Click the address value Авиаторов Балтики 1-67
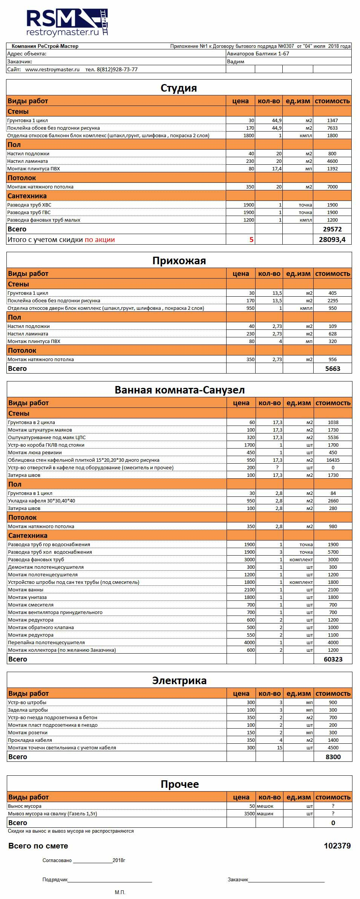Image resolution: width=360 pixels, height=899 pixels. pyautogui.click(x=258, y=54)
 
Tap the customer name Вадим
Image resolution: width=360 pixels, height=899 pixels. pyautogui.click(x=236, y=61)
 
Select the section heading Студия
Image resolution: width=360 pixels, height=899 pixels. pyautogui.click(x=179, y=88)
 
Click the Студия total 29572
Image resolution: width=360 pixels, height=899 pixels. pyautogui.click(x=332, y=229)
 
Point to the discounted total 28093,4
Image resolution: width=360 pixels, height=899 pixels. pyautogui.click(x=332, y=239)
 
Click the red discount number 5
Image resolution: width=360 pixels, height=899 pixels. pyautogui.click(x=251, y=239)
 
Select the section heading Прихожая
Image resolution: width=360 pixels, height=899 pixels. pyautogui.click(x=179, y=260)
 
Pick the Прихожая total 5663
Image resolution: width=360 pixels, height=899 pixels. pyautogui.click(x=332, y=369)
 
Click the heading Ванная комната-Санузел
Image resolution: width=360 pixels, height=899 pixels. pyautogui.click(x=179, y=390)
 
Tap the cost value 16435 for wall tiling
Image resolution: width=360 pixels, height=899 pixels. pyautogui.click(x=333, y=460)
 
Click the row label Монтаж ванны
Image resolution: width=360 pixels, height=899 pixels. pyautogui.click(x=26, y=590)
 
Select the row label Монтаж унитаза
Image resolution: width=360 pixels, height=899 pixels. pyautogui.click(x=28, y=597)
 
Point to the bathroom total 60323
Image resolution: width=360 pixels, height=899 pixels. pyautogui.click(x=333, y=659)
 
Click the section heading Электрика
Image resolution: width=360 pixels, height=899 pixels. pyautogui.click(x=179, y=680)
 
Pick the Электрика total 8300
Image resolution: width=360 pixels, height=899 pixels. pyautogui.click(x=333, y=757)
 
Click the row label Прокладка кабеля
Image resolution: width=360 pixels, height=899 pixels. pyautogui.click(x=30, y=740)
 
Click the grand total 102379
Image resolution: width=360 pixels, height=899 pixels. pyautogui.click(x=337, y=846)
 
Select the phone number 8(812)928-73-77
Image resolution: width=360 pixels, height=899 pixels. pyautogui.click(x=117, y=69)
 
